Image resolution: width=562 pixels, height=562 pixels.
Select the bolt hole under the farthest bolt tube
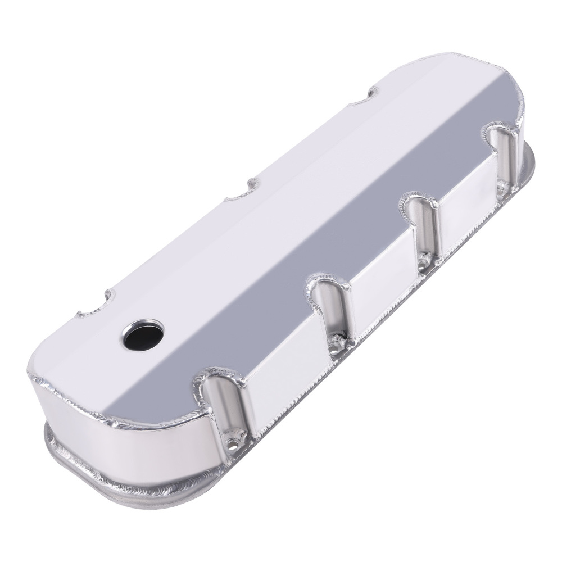tap(500, 187)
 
